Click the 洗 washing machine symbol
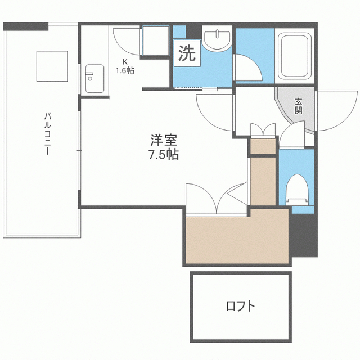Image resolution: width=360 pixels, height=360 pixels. click(x=187, y=53)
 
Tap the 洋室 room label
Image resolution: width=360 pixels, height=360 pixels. click(x=164, y=140)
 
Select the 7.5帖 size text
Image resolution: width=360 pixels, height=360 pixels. click(x=164, y=155)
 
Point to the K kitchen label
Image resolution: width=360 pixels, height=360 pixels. click(x=125, y=61)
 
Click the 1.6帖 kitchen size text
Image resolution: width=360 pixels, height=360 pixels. click(x=125, y=70)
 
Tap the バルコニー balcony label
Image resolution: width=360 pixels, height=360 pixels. click(x=47, y=133)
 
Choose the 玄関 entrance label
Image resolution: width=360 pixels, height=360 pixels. click(x=299, y=106)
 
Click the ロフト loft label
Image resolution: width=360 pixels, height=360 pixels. click(x=241, y=306)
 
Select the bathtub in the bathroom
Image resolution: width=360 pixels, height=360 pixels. click(x=295, y=56)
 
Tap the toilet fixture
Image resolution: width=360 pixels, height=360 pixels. click(x=297, y=190)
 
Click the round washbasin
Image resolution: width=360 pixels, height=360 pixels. click(x=217, y=40)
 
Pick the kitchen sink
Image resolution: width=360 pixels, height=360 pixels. click(x=95, y=78)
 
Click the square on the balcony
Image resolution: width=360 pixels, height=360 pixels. click(x=52, y=66)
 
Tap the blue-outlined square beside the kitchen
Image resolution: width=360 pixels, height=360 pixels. click(x=156, y=41)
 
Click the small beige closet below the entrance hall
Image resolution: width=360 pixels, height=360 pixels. click(x=263, y=146)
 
